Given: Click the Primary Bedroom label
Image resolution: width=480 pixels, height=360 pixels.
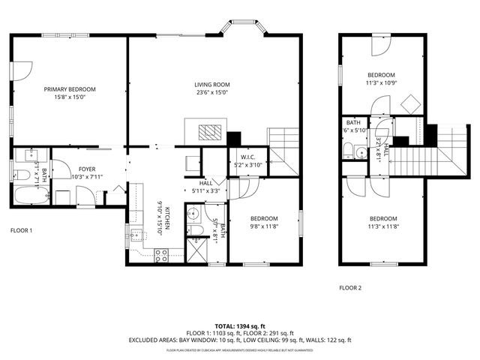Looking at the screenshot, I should pos(70,88).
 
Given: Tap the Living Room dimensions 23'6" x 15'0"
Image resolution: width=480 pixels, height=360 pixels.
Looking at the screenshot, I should pos(211,92).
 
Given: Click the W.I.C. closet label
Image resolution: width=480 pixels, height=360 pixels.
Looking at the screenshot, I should pos(247,157).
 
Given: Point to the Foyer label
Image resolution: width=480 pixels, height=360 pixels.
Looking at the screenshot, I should pos(87,169).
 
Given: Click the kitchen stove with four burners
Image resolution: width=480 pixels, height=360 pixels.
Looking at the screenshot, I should pos(160,253).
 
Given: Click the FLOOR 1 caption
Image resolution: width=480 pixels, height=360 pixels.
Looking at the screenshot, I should pos(21,230).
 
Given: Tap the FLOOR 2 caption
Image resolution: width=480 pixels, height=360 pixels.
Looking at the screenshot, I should pos(350,287).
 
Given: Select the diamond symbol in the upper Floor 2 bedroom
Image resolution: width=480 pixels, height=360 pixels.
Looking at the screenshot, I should pos(409,104).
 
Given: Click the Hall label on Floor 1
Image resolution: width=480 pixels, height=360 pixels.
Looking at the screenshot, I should pos(206,182).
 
